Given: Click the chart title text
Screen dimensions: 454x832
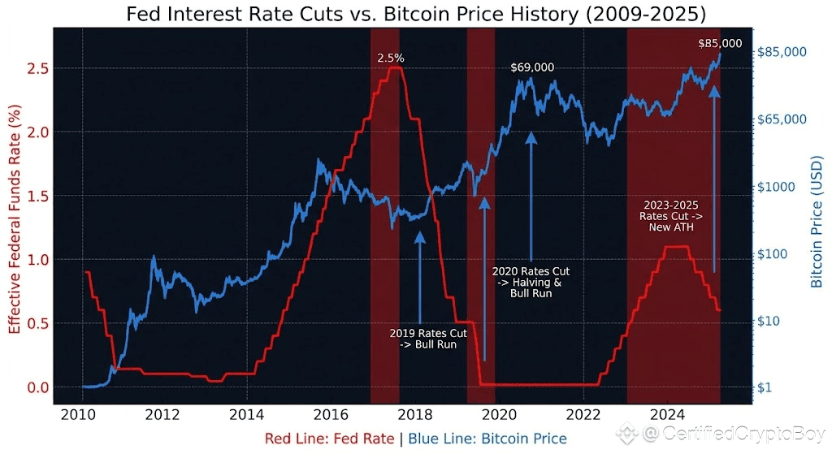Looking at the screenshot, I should (415, 14).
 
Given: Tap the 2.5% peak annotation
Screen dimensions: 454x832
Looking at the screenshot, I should (391, 58).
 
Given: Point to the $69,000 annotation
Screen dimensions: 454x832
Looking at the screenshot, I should (532, 67).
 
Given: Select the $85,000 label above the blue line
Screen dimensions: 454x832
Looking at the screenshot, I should (719, 43).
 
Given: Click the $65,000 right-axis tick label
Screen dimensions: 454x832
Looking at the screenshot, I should (782, 119).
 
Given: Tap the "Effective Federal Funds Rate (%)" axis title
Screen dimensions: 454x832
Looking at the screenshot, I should (14, 223).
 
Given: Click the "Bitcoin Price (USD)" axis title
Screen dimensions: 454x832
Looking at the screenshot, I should (817, 223).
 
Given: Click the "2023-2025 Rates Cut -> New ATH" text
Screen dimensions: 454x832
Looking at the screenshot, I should (671, 217).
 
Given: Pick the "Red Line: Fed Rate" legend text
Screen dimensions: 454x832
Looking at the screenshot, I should (331, 439).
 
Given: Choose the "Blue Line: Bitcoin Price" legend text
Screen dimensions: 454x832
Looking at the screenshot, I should (487, 439).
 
